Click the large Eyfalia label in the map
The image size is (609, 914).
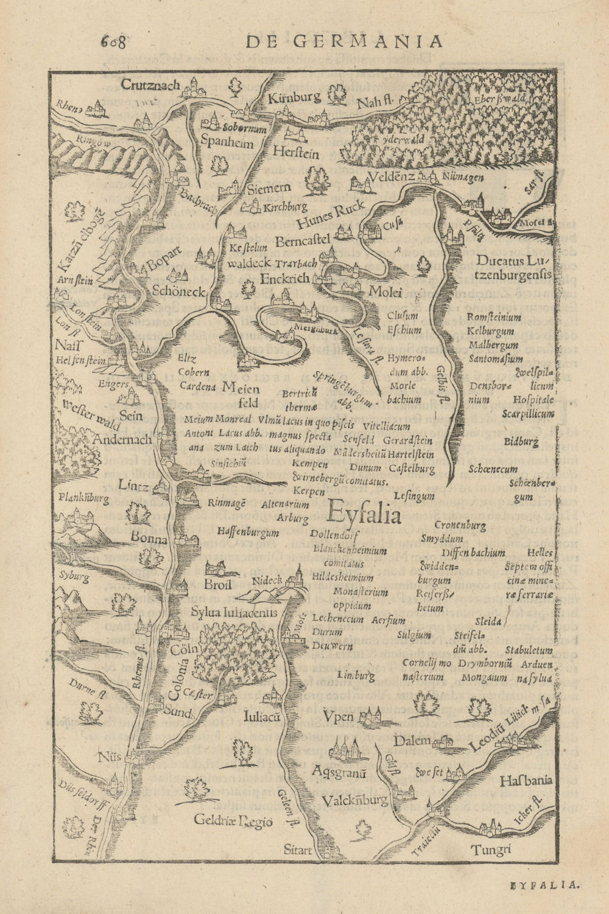(364, 516)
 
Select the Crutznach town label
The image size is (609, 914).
(150, 85)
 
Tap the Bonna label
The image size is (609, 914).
(149, 539)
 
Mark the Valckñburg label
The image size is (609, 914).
(356, 801)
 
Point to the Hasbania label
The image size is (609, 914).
(525, 780)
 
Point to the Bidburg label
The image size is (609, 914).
(521, 442)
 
